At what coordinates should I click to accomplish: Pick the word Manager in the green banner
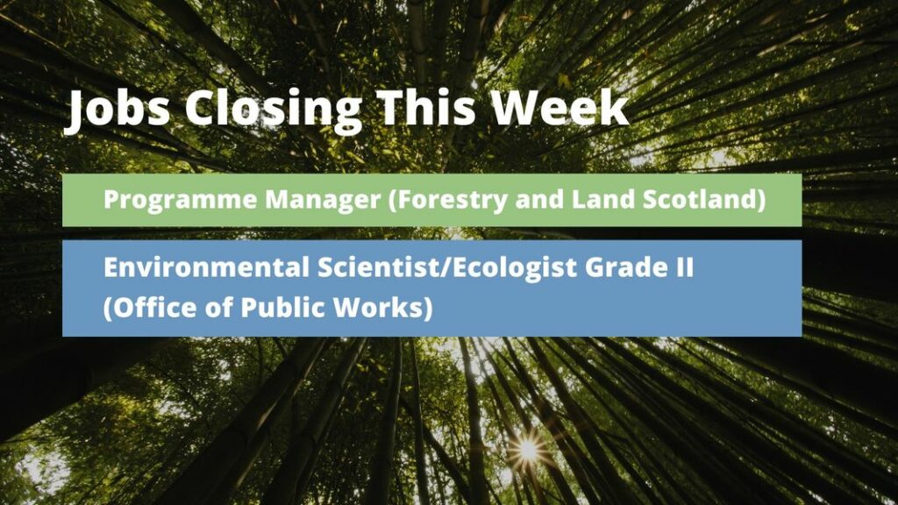pyautogui.click(x=323, y=201)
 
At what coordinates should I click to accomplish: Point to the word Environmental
pyautogui.click(x=206, y=267)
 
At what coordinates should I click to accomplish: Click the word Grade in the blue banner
pyautogui.click(x=624, y=267)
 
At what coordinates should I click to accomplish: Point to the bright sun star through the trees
pyautogui.click(x=528, y=450)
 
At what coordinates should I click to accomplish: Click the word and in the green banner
pyautogui.click(x=539, y=199)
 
